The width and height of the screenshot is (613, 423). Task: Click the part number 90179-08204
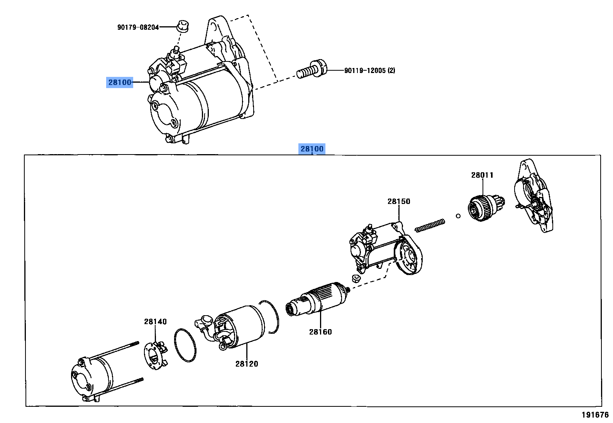coord(138,27)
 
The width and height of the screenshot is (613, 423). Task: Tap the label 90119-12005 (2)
coord(369,70)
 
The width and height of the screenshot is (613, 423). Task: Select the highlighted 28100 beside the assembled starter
coord(120,82)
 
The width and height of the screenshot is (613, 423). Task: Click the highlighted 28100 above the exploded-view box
coord(312,149)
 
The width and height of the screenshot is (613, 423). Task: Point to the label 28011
coord(482,175)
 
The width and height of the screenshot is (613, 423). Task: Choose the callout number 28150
coord(399,201)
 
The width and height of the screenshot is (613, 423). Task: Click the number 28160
coord(320,332)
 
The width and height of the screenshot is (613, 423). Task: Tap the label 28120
coord(247,364)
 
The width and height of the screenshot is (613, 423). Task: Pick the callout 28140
coord(155,321)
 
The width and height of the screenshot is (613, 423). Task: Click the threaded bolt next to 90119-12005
coord(312,69)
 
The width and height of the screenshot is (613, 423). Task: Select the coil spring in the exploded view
coord(430,225)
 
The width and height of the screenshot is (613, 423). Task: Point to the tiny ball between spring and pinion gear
coord(458,216)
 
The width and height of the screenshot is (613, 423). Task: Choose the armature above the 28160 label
coord(317,299)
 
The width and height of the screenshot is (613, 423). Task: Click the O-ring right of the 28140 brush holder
coord(185,345)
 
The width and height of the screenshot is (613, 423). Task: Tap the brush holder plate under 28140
coord(156,355)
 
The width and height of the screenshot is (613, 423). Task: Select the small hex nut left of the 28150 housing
coord(356,279)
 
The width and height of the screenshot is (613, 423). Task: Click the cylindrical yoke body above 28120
coord(241,327)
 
